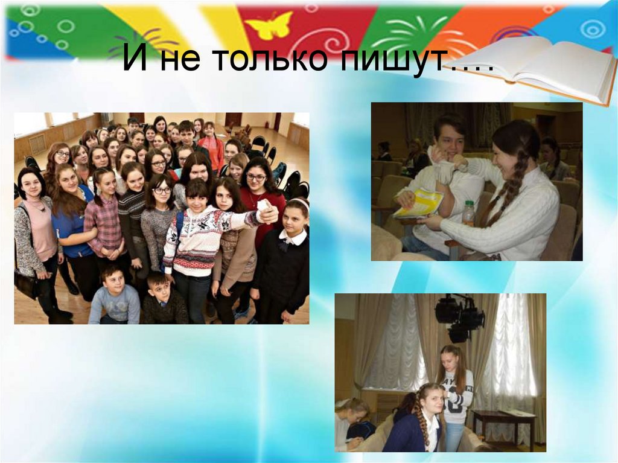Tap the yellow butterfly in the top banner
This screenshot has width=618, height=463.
coord(268,25)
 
